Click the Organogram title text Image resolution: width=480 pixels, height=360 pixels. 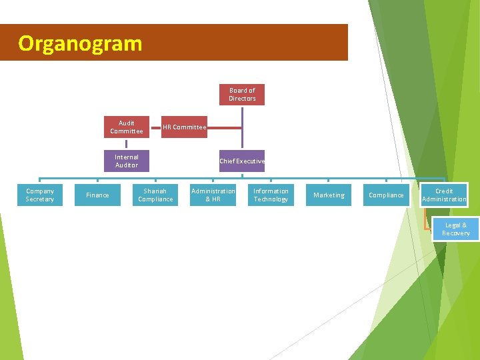tap(80, 43)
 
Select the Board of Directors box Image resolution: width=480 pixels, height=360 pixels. tap(242, 95)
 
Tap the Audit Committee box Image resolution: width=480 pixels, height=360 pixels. tap(127, 127)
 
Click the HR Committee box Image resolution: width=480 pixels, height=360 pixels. tap(185, 127)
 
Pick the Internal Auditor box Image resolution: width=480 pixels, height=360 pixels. tap(127, 161)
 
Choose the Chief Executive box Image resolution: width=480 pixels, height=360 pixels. tap(242, 161)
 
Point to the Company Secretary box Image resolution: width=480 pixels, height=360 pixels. tap(40, 195)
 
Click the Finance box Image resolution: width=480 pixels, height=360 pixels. tap(97, 195)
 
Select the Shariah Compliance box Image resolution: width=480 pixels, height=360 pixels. tap(155, 195)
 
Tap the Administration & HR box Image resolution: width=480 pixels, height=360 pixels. tap(213, 195)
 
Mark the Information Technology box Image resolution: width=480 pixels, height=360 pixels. tap(271, 195)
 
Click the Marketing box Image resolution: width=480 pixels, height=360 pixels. tap(329, 195)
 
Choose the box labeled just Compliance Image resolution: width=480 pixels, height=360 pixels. tap(386, 195)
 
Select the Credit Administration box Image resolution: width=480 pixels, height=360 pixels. tap(444, 195)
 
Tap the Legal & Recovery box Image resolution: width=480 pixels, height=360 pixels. tap(456, 229)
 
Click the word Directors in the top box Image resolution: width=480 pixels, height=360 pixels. tap(242, 99)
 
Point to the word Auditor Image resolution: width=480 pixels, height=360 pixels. tap(127, 165)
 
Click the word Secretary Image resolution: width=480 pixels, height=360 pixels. tap(40, 199)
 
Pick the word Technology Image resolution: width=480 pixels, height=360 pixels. tap(271, 199)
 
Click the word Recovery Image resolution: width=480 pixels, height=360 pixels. tap(456, 233)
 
